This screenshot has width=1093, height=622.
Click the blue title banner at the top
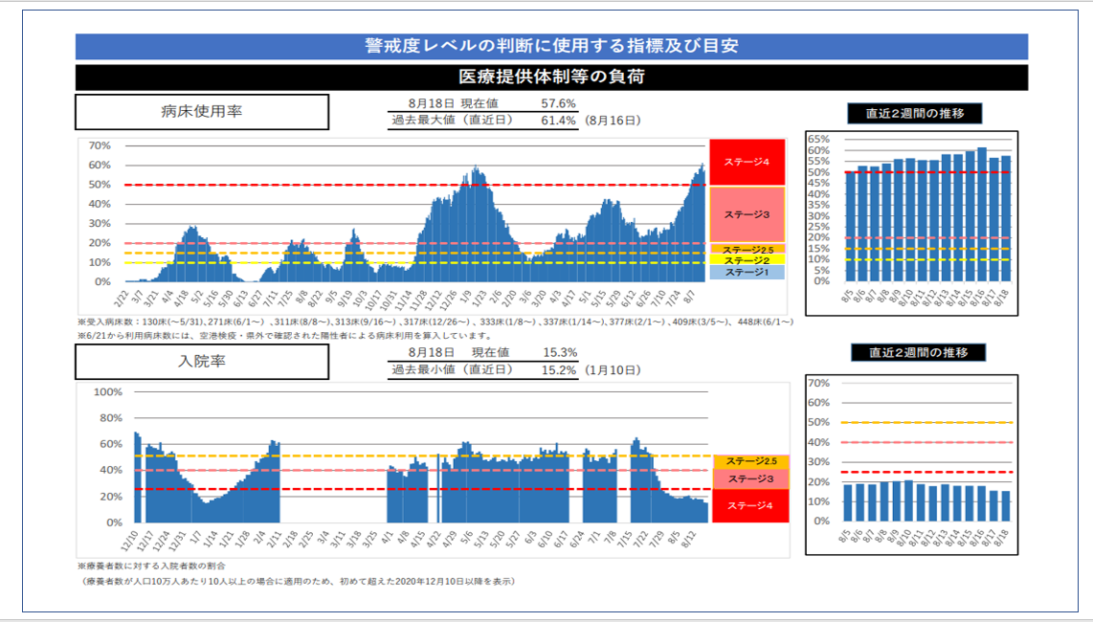click(x=551, y=46)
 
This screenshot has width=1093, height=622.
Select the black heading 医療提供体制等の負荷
click(x=551, y=77)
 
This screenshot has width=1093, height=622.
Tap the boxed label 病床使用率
click(x=202, y=111)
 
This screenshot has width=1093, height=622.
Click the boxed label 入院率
click(x=202, y=362)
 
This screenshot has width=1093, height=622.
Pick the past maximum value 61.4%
click(x=558, y=121)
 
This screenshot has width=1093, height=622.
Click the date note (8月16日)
click(x=613, y=121)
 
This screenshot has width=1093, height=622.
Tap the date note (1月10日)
click(x=613, y=370)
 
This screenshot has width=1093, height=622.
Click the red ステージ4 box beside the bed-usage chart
click(x=747, y=162)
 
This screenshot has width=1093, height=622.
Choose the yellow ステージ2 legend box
click(x=747, y=259)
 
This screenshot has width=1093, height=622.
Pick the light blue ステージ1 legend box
click(x=747, y=273)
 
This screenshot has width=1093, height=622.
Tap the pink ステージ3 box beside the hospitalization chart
click(x=750, y=478)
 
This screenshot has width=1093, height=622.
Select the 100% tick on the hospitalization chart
click(x=107, y=392)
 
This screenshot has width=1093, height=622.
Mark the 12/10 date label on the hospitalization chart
click(x=131, y=539)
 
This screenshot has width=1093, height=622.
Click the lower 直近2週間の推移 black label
click(x=918, y=352)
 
